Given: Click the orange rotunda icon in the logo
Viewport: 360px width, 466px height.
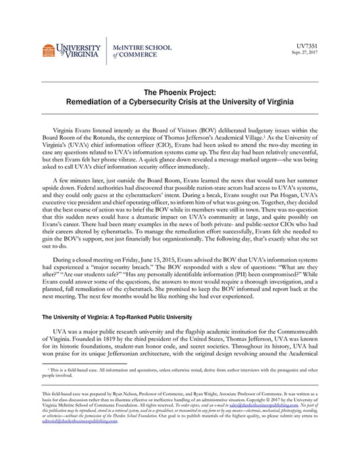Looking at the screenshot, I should pos(49,51).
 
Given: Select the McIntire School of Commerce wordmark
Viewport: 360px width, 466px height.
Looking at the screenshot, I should pos(142,51).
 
